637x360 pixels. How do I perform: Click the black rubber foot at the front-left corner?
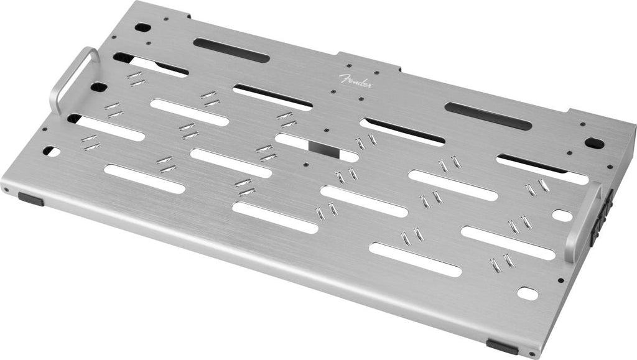coord(31,199)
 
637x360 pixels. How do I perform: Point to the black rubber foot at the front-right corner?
coord(502,347)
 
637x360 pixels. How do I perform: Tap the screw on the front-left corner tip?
coord(6,189)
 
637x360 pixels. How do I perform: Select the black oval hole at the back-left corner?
coord(142,27)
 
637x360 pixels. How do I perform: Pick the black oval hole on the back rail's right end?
coord(594,142)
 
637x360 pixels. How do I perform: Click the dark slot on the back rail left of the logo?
coord(231,50)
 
